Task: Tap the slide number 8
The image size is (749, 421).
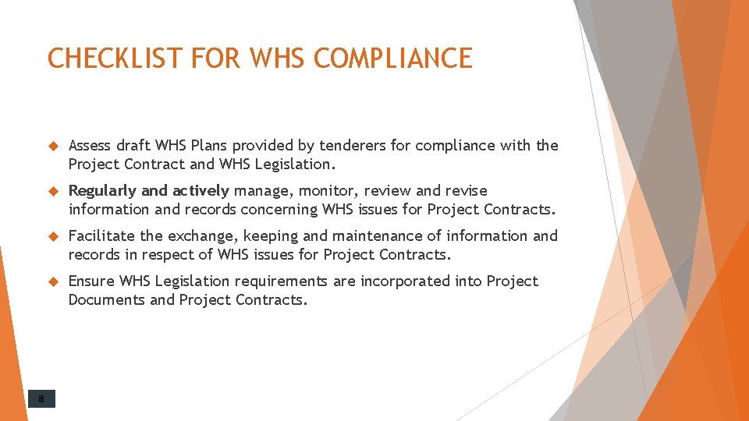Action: pos(42,400)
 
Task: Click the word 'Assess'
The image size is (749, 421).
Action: pos(91,146)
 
